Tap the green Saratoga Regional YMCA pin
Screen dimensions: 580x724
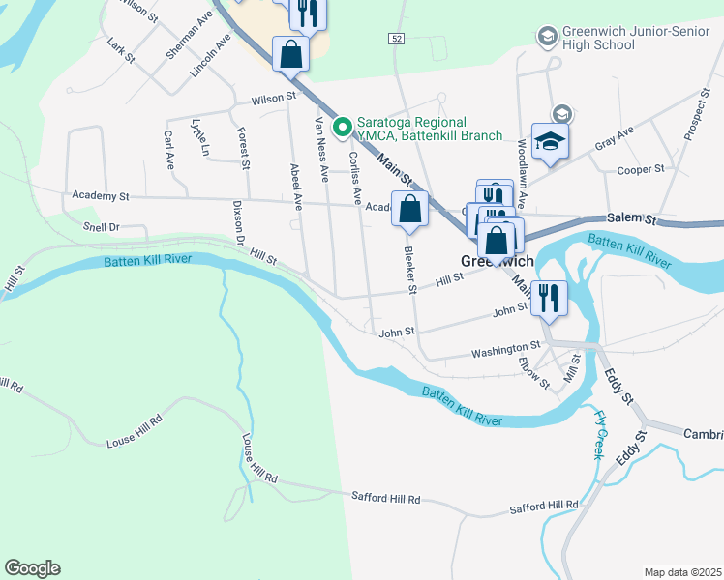click(x=341, y=127)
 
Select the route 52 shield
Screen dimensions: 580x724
click(x=397, y=38)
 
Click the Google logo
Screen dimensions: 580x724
click(x=32, y=568)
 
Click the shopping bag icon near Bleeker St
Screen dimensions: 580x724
click(x=409, y=208)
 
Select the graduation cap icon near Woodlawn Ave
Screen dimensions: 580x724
click(x=549, y=142)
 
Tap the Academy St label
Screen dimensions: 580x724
click(x=101, y=196)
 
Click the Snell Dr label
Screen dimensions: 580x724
click(x=100, y=227)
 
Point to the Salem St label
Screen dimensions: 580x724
click(x=632, y=218)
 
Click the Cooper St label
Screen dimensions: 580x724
click(x=640, y=169)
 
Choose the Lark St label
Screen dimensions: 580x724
click(x=121, y=51)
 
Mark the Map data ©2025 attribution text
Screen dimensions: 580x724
click(x=681, y=572)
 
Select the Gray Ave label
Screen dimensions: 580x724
click(x=614, y=137)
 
